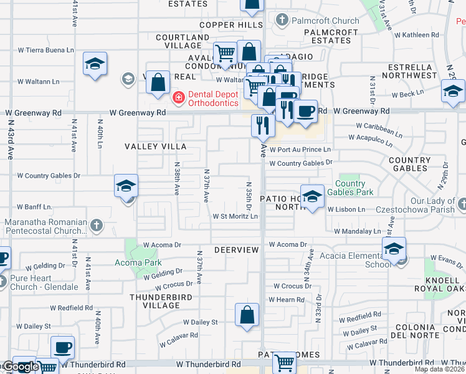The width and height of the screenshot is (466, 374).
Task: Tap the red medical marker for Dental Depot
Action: pos(178,97)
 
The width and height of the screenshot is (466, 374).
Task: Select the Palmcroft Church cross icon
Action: pos(282,21)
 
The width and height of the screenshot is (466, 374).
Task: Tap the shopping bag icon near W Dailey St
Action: pos(247,315)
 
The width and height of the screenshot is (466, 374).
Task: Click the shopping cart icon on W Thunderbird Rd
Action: pos(284,362)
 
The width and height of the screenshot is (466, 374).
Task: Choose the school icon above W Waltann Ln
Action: pos(95,64)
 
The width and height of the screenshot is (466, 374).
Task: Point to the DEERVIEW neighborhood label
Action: pos(236,249)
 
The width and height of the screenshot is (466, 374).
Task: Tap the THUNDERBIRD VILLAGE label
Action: pos(155,301)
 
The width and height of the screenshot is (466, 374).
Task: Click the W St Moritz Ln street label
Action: pos(235,216)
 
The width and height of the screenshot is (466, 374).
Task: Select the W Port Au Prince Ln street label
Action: pos(300,150)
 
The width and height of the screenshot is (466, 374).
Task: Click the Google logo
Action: pos(20,367)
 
